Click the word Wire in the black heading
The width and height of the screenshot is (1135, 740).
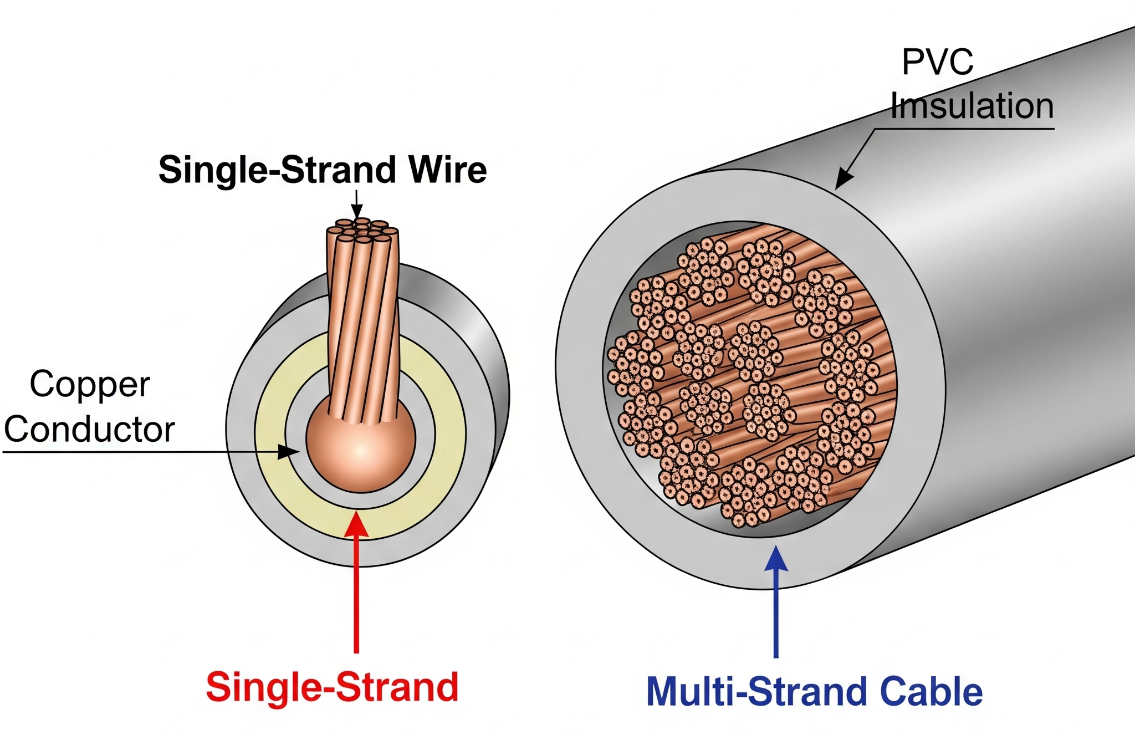coord(448,170)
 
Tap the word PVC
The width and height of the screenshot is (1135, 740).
coord(937,62)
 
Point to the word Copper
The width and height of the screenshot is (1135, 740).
coord(90,385)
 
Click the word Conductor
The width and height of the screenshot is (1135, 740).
coord(90,430)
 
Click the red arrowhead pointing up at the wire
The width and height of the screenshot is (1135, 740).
coord(356,524)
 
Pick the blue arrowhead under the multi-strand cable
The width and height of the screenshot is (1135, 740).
coord(776,559)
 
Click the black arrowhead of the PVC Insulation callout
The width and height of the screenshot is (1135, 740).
coord(844,178)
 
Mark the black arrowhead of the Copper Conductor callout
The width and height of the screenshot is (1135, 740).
coord(288,452)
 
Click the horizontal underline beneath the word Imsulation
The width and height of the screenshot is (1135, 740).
coord(964,129)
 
